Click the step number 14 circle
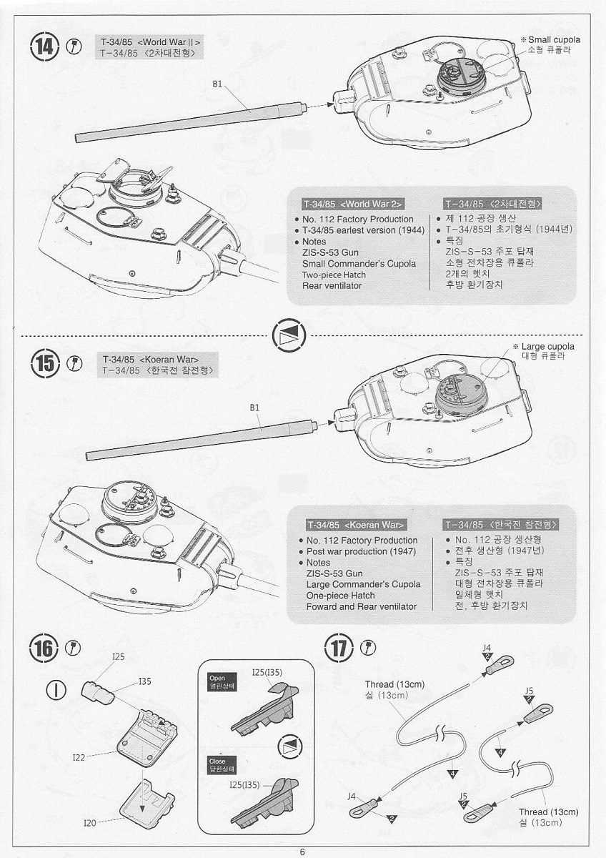(44, 47)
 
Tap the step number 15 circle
(45, 363)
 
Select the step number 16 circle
(44, 649)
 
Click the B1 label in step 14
(217, 84)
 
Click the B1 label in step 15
(254, 408)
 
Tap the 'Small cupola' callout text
(554, 40)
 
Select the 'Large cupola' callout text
(547, 346)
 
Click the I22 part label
(79, 757)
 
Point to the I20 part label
(90, 823)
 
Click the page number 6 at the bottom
(302, 852)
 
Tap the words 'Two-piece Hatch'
(334, 275)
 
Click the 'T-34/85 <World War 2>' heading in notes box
(353, 204)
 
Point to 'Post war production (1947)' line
(361, 551)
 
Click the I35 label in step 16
(144, 681)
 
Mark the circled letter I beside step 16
(56, 689)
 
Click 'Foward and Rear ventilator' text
(362, 606)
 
